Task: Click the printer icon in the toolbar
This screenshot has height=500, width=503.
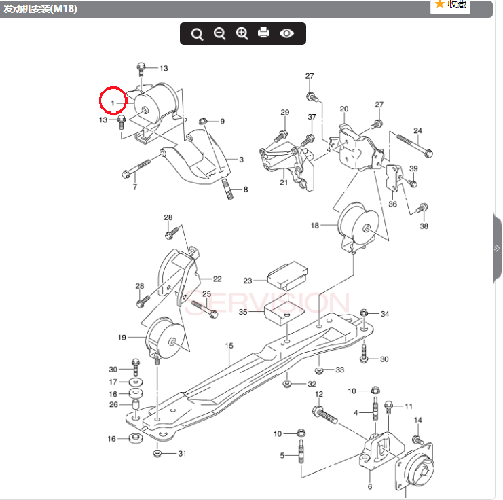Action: point(264,33)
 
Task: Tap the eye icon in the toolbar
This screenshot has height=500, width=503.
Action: point(287,33)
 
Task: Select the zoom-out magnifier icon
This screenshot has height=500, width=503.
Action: point(219,33)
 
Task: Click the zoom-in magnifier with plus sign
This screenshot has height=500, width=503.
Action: point(242,33)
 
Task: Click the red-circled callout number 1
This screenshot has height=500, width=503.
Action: point(113,102)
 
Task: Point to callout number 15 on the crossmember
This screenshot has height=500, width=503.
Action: point(229,346)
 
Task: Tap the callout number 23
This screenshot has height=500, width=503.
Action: point(248,280)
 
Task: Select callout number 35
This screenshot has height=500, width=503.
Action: point(243,312)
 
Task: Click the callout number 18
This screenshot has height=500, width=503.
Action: point(315,225)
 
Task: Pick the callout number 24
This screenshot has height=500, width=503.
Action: point(417,130)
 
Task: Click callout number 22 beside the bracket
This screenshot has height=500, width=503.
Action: point(217,279)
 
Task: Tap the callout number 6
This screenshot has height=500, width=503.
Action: point(370,486)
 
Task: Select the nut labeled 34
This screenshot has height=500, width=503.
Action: point(364,313)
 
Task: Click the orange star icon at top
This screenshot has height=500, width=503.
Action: point(440,5)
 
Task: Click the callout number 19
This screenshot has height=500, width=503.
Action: point(122,337)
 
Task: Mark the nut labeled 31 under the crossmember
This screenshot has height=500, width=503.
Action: point(157,453)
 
